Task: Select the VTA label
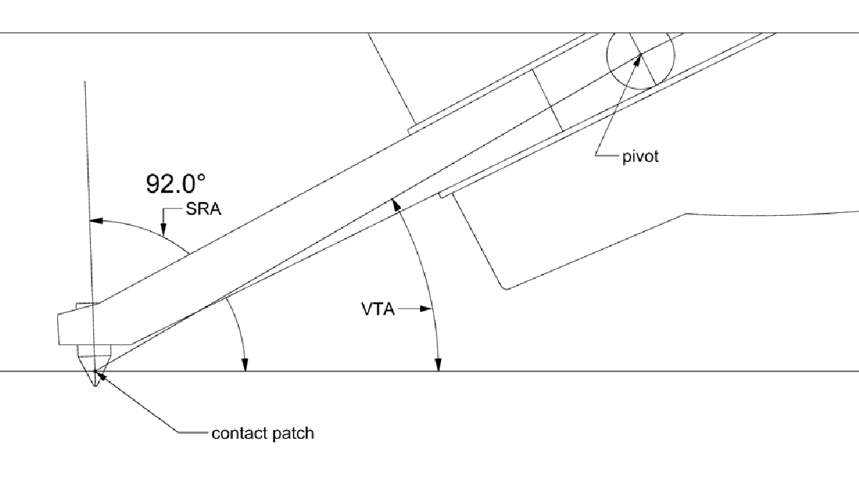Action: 374,309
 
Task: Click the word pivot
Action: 639,157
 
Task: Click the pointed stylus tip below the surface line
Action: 94,381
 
